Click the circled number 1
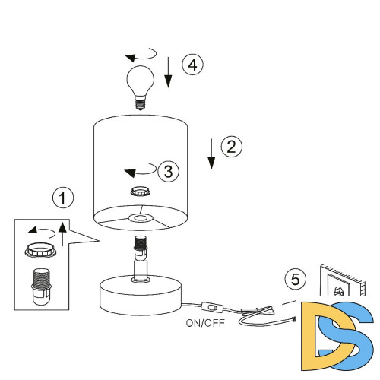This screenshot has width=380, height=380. click(63, 198)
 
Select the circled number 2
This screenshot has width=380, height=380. click(231, 147)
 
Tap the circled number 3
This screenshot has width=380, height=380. click(168, 171)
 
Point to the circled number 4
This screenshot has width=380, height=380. click(192, 65)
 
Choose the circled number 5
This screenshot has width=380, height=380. click(296, 279)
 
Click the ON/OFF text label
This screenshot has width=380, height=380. click(205, 323)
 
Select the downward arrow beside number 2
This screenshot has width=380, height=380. click(211, 154)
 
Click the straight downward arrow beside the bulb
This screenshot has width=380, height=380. click(168, 72)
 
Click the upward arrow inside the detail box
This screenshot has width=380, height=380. click(62, 233)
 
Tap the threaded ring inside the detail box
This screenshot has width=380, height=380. click(40, 250)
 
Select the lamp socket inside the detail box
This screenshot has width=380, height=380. click(41, 287)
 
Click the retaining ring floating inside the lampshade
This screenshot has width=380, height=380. click(141, 192)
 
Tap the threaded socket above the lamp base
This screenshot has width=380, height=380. click(140, 249)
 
